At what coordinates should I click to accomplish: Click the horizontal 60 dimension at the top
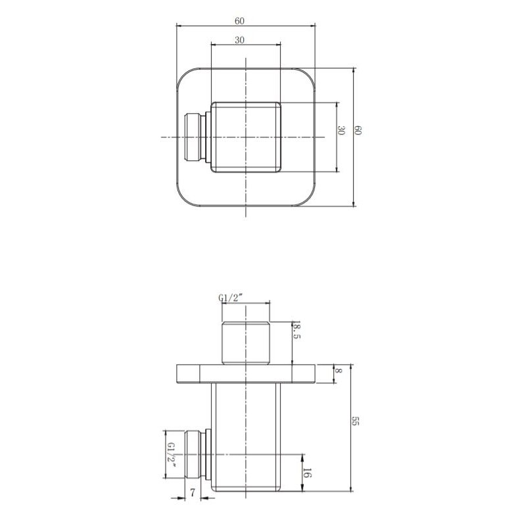point(239,21)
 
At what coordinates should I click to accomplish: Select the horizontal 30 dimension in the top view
point(239,40)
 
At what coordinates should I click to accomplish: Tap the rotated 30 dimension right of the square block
point(341,130)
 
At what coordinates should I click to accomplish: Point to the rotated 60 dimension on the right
point(358,130)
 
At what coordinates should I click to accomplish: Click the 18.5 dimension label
point(296,332)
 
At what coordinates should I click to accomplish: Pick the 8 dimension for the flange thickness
point(339,371)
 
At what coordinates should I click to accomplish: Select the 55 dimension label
point(355,421)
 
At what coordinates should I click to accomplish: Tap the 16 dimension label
point(307,473)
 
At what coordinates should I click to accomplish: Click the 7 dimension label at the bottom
point(193,493)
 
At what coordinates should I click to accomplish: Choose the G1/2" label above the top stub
point(231,298)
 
